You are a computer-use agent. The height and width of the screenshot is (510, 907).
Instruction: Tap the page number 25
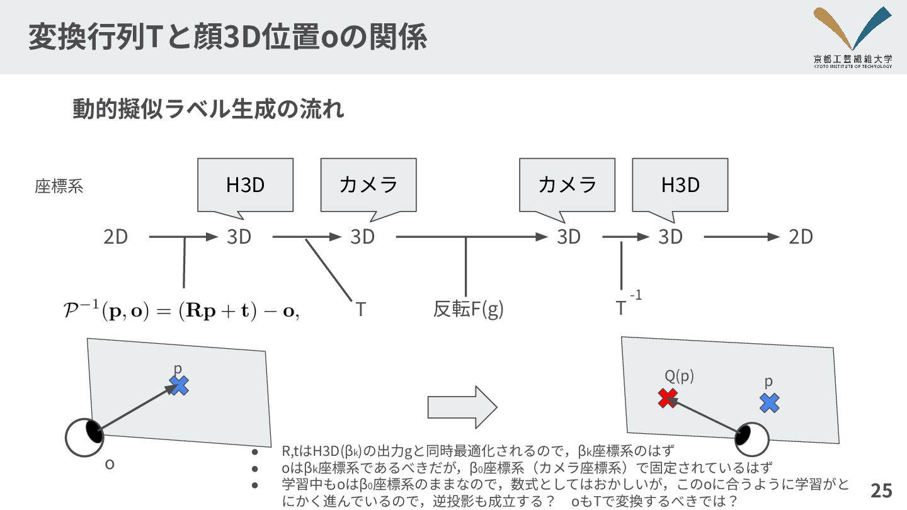881,490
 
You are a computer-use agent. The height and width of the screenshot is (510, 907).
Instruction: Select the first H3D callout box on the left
245,184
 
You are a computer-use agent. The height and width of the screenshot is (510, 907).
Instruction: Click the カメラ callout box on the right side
567,184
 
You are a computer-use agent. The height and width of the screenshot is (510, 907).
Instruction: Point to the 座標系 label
59,187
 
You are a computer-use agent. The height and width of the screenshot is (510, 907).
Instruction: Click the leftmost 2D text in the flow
116,237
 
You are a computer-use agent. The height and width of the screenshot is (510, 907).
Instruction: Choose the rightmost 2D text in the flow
801,237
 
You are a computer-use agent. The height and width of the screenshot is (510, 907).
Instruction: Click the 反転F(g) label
468,309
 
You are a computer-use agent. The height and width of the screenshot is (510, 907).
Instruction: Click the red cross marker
668,398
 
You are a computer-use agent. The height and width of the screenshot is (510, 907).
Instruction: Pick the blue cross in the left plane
180,385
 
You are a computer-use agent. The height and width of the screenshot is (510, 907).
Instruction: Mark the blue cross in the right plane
769,403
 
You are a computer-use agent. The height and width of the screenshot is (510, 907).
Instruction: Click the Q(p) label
679,376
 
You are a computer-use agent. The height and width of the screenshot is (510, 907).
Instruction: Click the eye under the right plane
751,436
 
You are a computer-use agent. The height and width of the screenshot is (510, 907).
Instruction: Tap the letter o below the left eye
110,465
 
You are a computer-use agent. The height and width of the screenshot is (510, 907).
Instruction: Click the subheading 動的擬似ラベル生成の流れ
208,110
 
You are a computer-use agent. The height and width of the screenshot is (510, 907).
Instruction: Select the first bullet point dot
254,452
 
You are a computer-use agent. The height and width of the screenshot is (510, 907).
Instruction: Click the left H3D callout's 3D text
239,237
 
